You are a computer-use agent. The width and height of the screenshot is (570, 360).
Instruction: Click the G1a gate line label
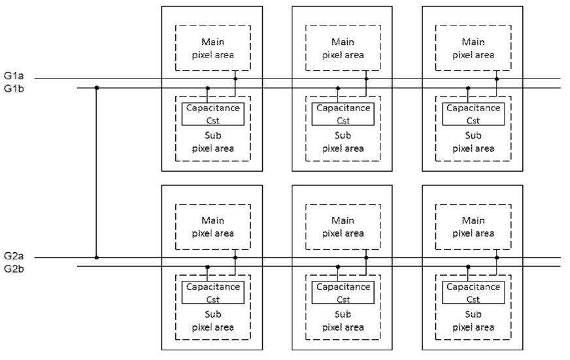click(x=14, y=76)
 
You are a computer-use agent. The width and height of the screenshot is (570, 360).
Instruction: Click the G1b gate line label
click(x=14, y=88)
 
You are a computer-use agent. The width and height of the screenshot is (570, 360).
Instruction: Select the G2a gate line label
click(x=14, y=256)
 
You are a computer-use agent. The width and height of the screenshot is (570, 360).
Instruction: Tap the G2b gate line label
click(x=14, y=269)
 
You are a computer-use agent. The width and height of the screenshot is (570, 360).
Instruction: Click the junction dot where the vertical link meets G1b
click(x=97, y=88)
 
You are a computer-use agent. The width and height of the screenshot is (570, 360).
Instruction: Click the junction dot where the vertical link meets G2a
click(x=97, y=257)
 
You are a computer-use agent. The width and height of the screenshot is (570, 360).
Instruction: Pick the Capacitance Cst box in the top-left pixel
click(x=213, y=114)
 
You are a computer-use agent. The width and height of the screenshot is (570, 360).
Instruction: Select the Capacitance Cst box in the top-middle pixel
click(x=343, y=114)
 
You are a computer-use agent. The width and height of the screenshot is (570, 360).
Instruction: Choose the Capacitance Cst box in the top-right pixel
click(x=473, y=114)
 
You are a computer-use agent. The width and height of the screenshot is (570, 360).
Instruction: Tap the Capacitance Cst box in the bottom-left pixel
click(x=213, y=293)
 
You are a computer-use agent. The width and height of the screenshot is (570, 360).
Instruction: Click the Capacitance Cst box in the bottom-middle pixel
click(x=343, y=293)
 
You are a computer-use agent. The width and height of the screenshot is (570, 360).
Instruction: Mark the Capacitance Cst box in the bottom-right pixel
click(x=473, y=293)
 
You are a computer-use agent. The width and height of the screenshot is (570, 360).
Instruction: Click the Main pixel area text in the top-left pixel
click(x=213, y=48)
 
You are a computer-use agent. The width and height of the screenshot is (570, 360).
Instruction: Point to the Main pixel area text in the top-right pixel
click(x=473, y=48)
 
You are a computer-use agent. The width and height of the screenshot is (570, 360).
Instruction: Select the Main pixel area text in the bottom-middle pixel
click(x=343, y=227)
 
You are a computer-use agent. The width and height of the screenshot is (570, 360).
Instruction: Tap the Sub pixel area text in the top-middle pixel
click(x=343, y=142)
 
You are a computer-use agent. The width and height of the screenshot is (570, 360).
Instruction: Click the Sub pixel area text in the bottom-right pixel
click(x=473, y=320)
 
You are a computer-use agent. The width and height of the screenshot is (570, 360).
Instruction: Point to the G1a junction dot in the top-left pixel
click(x=235, y=79)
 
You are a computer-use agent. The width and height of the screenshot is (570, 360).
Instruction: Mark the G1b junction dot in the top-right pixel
click(x=468, y=88)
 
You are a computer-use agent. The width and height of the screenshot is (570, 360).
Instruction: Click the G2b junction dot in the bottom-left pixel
click(x=208, y=267)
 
